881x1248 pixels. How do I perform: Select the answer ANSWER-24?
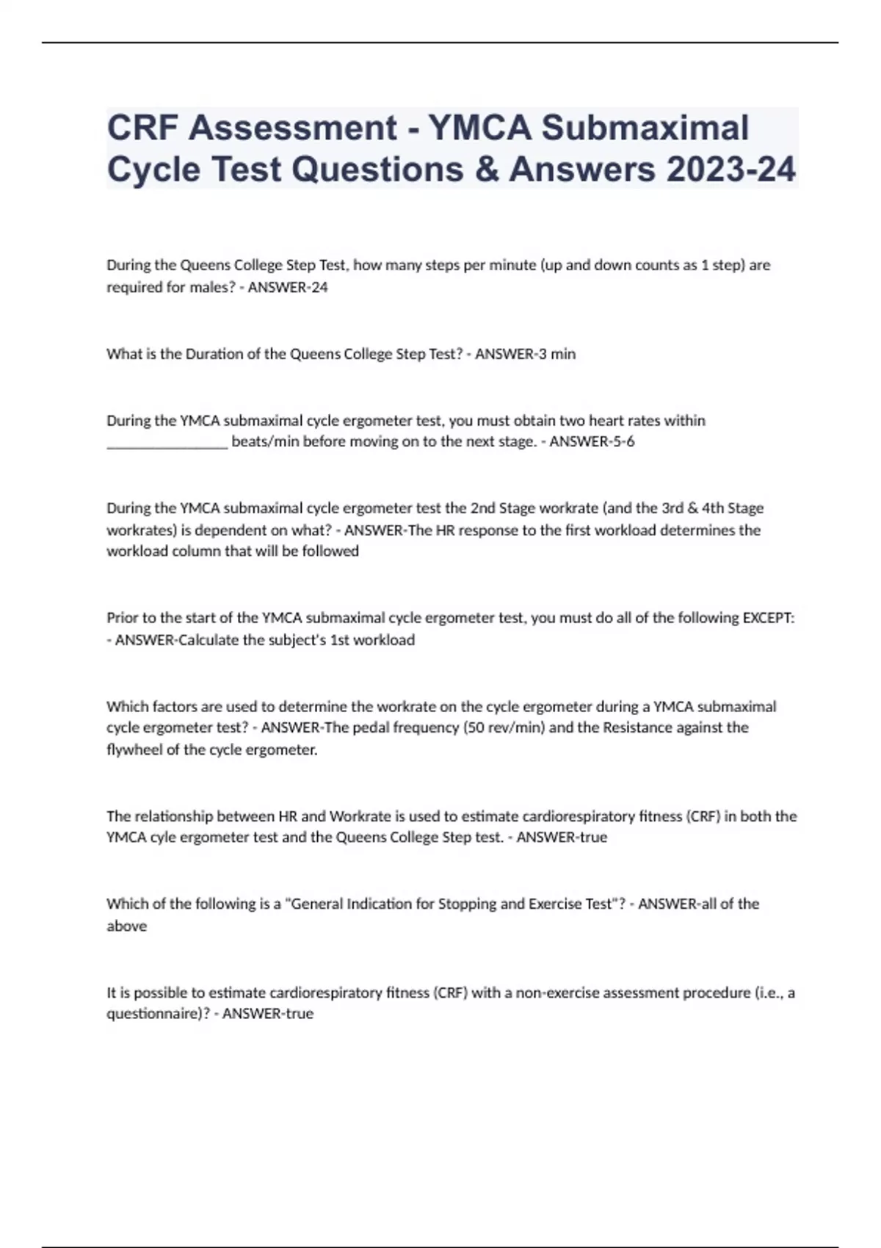coord(288,287)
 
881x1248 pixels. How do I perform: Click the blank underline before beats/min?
coord(167,443)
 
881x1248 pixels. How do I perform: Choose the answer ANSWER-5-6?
coord(592,442)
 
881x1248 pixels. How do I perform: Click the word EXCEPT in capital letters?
coord(767,618)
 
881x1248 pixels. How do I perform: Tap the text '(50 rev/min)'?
coord(504,728)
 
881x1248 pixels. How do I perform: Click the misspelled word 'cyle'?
coord(164,838)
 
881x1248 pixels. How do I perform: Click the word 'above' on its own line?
coord(127,926)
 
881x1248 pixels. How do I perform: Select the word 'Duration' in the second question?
coord(214,354)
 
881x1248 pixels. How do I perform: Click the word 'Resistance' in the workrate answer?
coord(636,728)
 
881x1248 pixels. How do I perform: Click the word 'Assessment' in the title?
coord(292,128)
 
